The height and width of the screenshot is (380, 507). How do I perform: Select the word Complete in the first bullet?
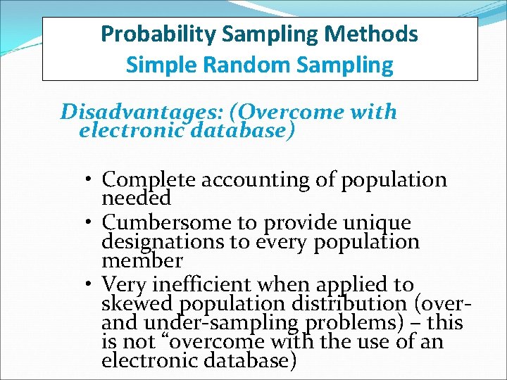coord(149,180)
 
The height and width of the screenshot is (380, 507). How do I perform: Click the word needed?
coord(137,199)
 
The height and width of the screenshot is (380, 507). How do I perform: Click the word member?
coord(142,261)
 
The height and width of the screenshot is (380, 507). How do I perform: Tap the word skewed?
coord(138,304)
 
